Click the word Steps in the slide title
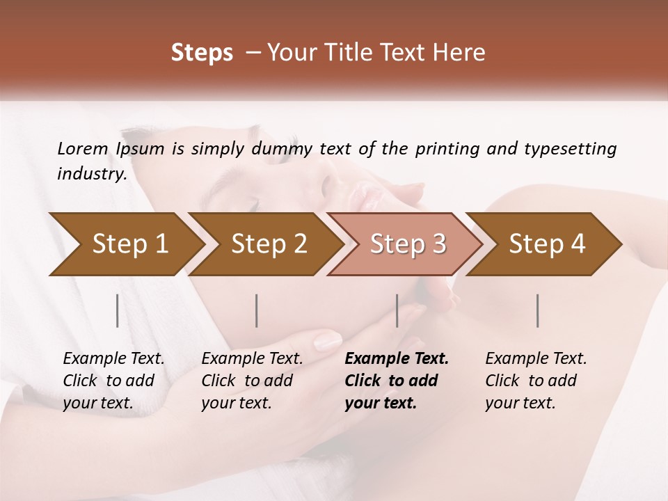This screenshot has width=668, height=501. click(202, 53)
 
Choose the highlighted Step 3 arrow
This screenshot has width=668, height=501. click(408, 244)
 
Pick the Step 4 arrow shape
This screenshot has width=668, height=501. click(547, 244)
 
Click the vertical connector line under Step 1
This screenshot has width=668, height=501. click(118, 310)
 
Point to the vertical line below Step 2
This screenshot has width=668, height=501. click(257, 310)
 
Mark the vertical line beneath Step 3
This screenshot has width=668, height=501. click(397, 310)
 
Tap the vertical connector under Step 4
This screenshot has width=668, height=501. click(537, 310)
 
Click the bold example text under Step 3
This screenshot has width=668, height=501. click(396, 381)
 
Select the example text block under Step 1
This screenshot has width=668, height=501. click(113, 381)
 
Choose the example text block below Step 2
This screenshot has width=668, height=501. click(252, 381)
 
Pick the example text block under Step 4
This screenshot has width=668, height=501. click(536, 381)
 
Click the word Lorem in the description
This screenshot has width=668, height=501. click(83, 148)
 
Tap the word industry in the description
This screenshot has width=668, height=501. click(91, 174)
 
